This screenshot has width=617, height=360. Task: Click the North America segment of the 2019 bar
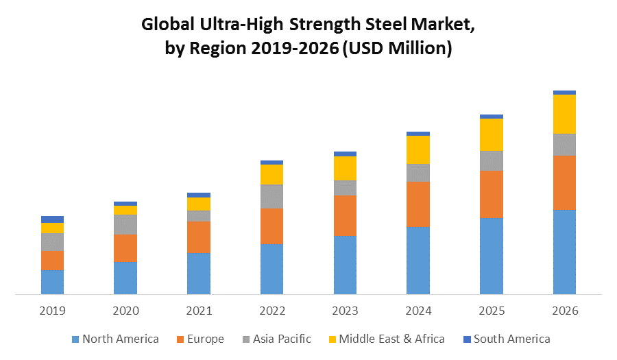tap(52, 282)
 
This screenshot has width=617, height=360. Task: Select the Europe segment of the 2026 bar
tap(564, 182)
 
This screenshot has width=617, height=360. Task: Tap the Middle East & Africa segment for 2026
tap(564, 114)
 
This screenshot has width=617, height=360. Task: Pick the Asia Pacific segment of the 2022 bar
tap(271, 196)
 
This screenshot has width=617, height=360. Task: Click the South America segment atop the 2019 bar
tap(52, 219)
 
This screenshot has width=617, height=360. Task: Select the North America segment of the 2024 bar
tap(418, 261)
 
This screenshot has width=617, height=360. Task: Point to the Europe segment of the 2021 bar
tap(199, 237)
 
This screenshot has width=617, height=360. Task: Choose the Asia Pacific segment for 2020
tap(125, 224)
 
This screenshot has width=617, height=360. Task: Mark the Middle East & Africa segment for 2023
tap(345, 168)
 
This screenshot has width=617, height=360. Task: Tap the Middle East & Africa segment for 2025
tap(492, 134)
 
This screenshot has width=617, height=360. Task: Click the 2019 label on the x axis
tap(52, 311)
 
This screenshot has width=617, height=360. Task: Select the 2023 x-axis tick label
tap(345, 311)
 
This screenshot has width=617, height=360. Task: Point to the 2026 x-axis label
tap(564, 311)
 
